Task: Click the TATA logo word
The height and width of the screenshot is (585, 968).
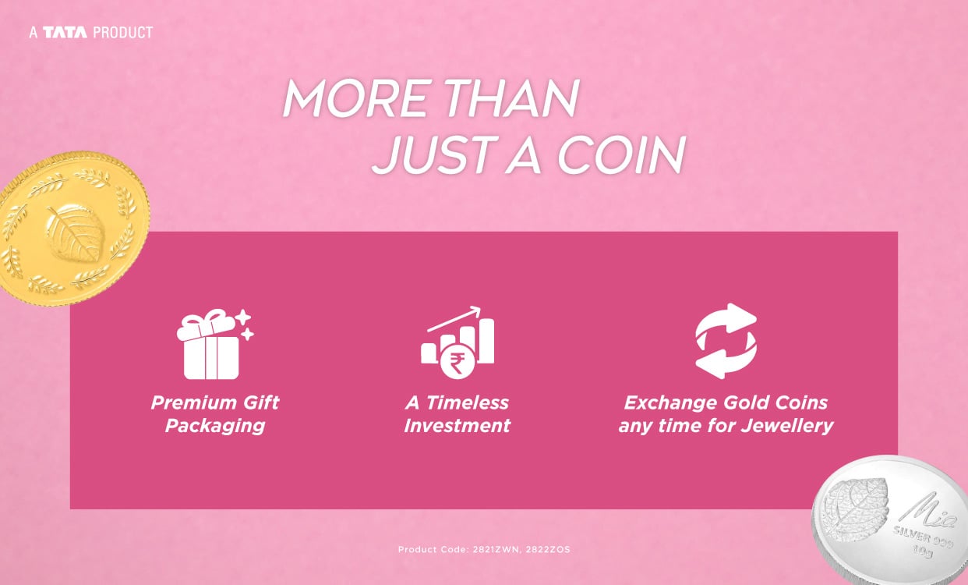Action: click(x=65, y=33)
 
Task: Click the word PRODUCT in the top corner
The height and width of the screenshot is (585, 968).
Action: click(x=122, y=33)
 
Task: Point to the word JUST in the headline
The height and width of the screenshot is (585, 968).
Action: click(x=434, y=154)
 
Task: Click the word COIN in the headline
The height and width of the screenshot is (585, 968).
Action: click(x=621, y=154)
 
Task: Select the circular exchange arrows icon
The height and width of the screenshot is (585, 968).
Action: click(x=726, y=341)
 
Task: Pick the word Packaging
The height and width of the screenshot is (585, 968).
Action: click(x=215, y=426)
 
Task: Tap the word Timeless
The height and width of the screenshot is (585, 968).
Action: click(x=467, y=403)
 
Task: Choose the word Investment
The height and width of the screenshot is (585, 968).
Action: click(x=458, y=426)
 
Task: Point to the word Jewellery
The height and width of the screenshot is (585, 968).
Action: click(x=787, y=426)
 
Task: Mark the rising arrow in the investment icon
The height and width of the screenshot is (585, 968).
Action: click(x=454, y=319)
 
